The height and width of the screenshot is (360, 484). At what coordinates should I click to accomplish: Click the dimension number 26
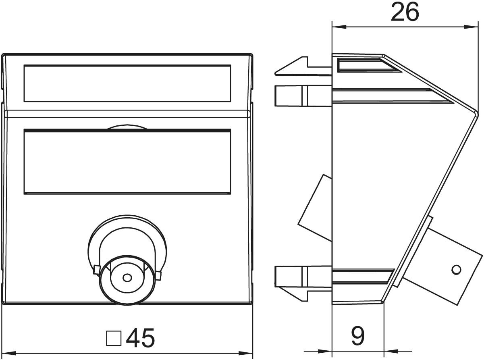tap(405, 12)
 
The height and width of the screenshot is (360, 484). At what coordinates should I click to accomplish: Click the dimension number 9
tap(358, 336)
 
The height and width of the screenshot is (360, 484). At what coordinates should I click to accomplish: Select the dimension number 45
tap(141, 338)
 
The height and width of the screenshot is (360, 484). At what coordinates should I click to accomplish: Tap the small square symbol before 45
tap(114, 338)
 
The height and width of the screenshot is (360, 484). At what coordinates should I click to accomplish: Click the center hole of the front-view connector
tap(127, 278)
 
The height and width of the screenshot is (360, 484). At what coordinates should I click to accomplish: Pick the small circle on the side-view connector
tap(456, 270)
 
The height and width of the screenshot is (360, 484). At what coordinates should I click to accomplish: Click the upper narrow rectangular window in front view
tap(127, 83)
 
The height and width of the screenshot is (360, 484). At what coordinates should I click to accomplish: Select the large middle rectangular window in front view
tap(127, 162)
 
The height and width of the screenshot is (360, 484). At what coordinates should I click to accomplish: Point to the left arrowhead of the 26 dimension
tap(339, 27)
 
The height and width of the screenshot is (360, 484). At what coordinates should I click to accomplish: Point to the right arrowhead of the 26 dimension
tap(471, 27)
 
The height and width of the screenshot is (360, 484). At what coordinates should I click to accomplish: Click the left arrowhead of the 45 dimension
tap(9, 353)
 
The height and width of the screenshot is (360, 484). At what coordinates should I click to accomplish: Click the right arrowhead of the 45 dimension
tap(245, 353)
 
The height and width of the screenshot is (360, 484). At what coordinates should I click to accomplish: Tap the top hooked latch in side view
tap(303, 67)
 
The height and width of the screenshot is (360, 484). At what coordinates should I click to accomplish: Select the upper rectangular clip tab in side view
tap(303, 96)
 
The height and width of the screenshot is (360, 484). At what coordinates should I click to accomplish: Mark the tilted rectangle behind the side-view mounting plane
tap(315, 208)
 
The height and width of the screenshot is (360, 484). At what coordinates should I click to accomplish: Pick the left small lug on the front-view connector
tap(96, 270)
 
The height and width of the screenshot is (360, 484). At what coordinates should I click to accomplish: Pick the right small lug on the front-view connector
tap(158, 276)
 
